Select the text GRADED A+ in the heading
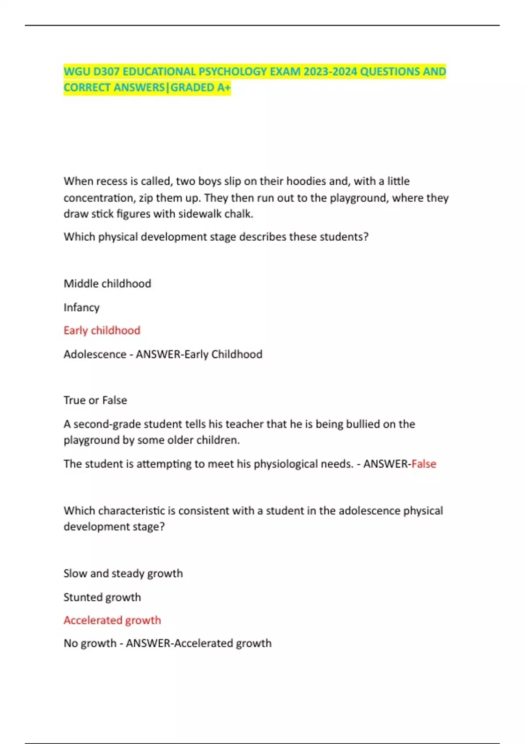pyautogui.click(x=200, y=88)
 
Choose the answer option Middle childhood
pyautogui.click(x=107, y=284)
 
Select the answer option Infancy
pyautogui.click(x=81, y=308)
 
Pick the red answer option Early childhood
pyautogui.click(x=102, y=330)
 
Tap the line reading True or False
pyautogui.click(x=95, y=400)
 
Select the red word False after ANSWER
pyautogui.click(x=424, y=464)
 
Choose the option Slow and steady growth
pyautogui.click(x=123, y=573)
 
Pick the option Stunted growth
pyautogui.click(x=102, y=597)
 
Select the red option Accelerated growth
pyautogui.click(x=112, y=620)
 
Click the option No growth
pyautogui.click(x=90, y=643)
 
